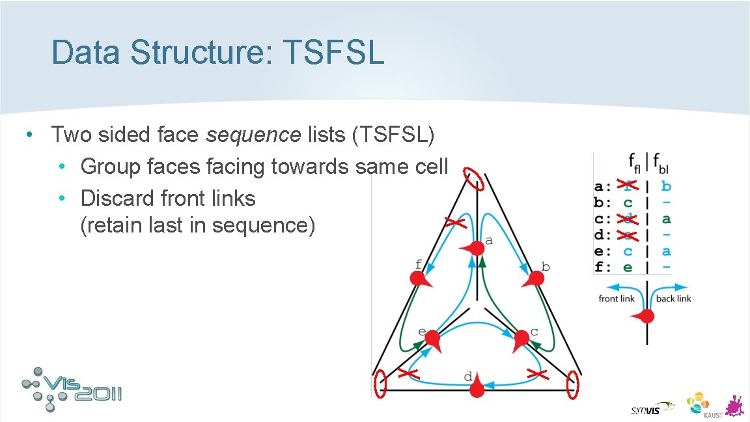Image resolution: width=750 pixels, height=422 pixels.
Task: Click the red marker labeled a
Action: (475, 248)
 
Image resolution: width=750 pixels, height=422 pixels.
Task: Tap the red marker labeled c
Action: (521, 339)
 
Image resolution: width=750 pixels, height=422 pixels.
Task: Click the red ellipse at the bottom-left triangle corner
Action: (380, 384)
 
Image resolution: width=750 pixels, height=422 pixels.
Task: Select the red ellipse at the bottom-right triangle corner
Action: (572, 384)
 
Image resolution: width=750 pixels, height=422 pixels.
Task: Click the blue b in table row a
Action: (666, 186)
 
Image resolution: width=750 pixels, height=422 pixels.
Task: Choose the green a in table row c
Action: (666, 219)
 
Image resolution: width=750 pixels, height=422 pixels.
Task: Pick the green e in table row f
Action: (628, 267)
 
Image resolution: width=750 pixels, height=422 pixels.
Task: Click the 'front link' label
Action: (616, 299)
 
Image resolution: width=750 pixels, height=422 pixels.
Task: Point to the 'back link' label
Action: (673, 299)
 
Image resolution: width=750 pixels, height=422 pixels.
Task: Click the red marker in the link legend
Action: (646, 316)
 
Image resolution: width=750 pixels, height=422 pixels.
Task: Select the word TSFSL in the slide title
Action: (334, 53)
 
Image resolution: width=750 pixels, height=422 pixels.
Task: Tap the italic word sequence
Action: (253, 135)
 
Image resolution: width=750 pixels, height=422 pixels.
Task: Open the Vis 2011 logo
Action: (71, 389)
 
